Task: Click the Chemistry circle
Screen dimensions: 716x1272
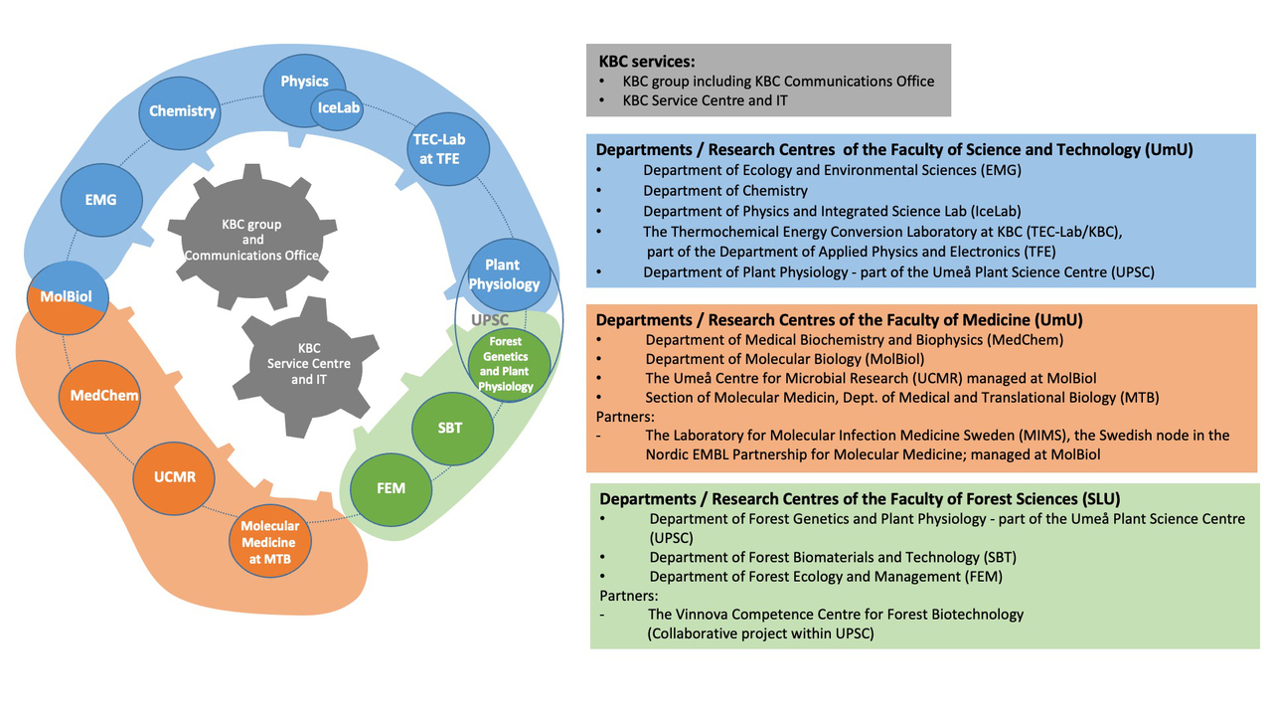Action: (182, 110)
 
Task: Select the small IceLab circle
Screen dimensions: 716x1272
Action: (338, 108)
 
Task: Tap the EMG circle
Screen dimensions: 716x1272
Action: (100, 200)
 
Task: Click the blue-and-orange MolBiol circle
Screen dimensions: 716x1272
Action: (67, 297)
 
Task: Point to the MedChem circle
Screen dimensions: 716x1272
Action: (103, 396)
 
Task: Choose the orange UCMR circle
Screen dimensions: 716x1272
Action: (174, 476)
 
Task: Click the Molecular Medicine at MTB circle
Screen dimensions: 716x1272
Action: (269, 542)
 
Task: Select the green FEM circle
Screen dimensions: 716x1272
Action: (391, 488)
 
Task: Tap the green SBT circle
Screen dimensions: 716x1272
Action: (450, 429)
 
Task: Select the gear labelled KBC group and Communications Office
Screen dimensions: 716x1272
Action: (252, 240)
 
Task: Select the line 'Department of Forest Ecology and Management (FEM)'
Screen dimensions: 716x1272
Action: (826, 576)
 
